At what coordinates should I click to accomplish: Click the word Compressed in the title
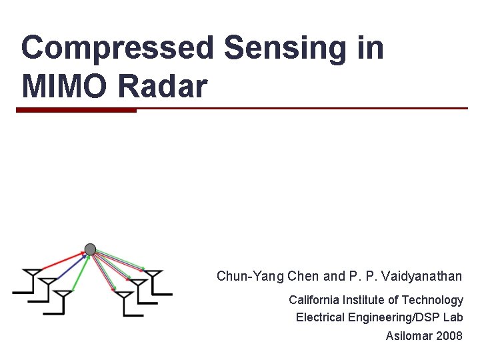click(x=117, y=49)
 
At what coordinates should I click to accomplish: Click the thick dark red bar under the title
click(x=76, y=111)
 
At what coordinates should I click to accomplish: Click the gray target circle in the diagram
click(x=90, y=249)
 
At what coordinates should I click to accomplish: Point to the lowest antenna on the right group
click(x=125, y=301)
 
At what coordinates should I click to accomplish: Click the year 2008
click(x=449, y=335)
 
